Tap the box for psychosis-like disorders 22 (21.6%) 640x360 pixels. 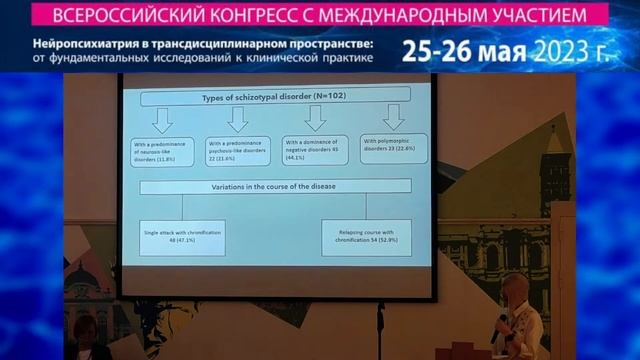(x=237, y=150)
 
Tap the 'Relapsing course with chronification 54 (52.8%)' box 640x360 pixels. (x=364, y=235)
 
